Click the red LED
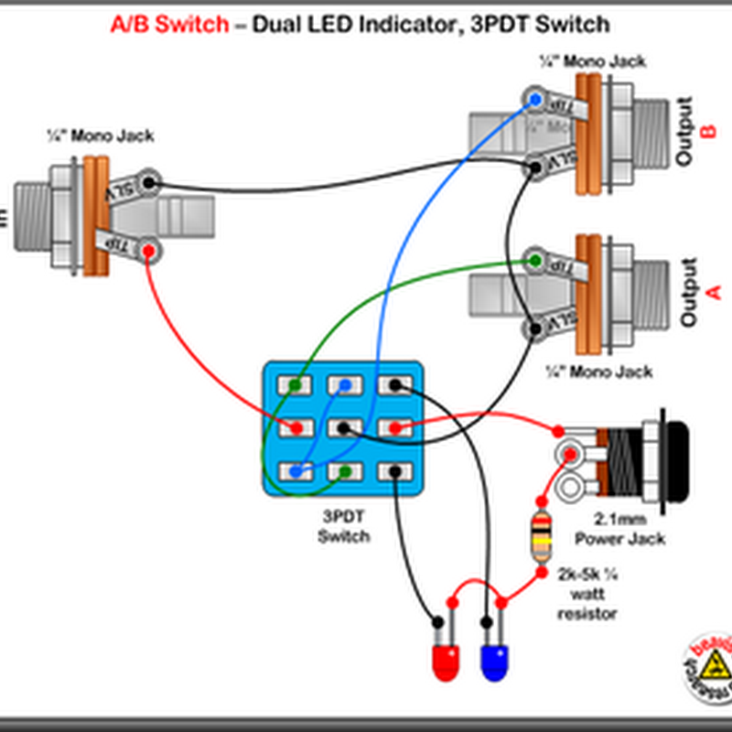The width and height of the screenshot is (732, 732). (x=445, y=661)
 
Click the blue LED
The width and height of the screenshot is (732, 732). (x=495, y=661)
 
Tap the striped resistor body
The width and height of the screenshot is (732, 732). (x=542, y=539)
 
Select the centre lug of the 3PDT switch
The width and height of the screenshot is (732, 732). (x=344, y=427)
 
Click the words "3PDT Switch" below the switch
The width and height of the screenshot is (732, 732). (x=344, y=527)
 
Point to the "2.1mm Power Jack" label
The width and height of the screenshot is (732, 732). (x=626, y=530)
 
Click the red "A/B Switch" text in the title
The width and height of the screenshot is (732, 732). (x=169, y=25)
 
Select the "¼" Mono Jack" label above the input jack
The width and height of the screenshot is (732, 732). (x=101, y=136)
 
